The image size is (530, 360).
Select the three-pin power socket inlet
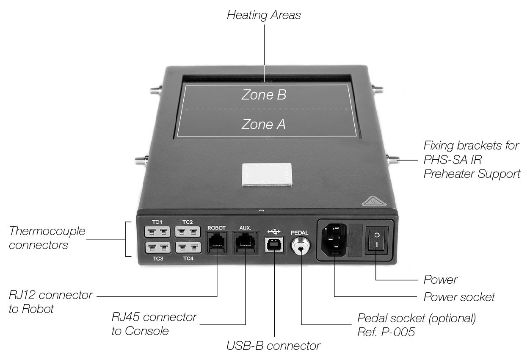334,240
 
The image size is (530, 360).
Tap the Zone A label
263,124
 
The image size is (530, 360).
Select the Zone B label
264,95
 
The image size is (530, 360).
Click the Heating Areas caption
264,15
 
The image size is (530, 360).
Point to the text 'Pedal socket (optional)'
417,318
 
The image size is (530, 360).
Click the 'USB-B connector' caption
273,346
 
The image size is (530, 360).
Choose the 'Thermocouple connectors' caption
47,238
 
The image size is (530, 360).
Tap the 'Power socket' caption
459,297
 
